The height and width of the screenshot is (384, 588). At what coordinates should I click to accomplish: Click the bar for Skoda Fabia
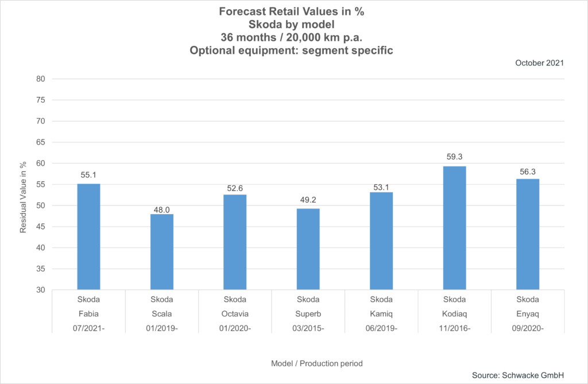[x=88, y=236]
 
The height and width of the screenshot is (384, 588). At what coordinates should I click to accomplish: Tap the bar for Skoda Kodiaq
[x=454, y=228]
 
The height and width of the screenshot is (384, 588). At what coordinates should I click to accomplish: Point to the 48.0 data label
[x=161, y=210]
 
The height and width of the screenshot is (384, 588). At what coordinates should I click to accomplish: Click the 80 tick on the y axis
[x=41, y=79]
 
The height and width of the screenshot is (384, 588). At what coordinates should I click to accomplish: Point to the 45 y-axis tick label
[x=41, y=227]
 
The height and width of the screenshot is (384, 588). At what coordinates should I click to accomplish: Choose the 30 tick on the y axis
[x=41, y=290]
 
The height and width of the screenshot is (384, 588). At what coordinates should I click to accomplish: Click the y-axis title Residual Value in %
[x=24, y=197]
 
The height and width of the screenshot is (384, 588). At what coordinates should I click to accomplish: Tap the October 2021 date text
[x=539, y=63]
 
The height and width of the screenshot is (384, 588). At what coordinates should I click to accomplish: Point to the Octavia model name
[x=235, y=314]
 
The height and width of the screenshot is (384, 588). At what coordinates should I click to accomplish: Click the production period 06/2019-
[x=381, y=328]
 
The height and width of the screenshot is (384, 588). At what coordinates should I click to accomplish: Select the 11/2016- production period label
[x=454, y=328]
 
